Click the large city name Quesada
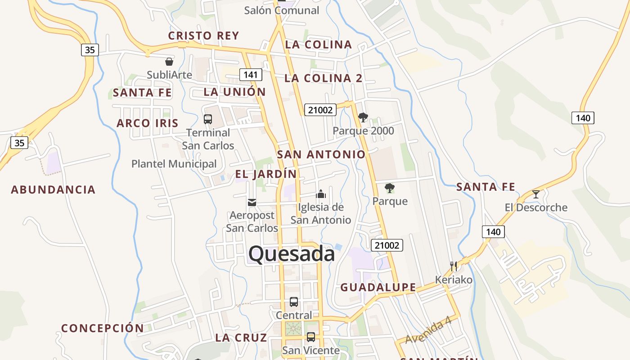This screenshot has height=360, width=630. click(292, 254)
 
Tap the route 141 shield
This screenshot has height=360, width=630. click(250, 75)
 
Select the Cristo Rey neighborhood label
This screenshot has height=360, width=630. click(203, 36)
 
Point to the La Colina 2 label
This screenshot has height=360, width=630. click(323, 78)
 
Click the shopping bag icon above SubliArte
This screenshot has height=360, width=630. click(169, 62)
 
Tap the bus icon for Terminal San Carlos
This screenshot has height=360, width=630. click(208, 119)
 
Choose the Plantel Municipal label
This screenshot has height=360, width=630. click(174, 164)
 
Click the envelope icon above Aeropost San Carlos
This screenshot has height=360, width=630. click(252, 202)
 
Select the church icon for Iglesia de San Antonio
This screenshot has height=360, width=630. click(320, 194)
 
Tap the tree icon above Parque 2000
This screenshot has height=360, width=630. click(363, 118)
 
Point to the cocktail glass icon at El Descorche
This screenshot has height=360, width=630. click(535, 194)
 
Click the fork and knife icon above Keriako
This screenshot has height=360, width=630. click(454, 266)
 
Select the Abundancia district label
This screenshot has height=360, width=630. click(53, 189)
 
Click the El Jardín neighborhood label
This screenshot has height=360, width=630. click(266, 174)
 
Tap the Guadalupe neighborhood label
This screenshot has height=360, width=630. click(378, 287)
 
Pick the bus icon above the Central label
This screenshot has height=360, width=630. click(294, 302)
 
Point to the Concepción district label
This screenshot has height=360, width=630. click(103, 328)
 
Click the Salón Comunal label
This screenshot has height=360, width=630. click(281, 10)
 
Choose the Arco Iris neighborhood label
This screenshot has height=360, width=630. click(148, 123)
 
